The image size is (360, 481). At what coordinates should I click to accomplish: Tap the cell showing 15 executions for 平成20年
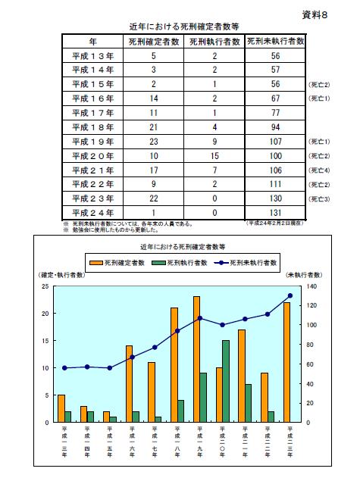[214, 155]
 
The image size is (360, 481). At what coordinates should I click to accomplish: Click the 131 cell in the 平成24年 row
[276, 212]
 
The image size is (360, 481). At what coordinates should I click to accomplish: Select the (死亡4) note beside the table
[318, 170]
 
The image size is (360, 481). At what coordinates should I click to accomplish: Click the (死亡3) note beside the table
[318, 198]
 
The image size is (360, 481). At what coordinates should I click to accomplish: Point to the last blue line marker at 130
[290, 295]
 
